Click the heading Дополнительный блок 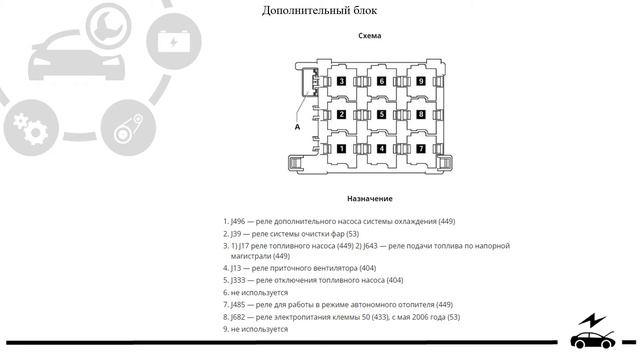319,11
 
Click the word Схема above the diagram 369,36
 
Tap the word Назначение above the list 369,199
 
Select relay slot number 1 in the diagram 342,149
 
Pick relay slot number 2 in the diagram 342,115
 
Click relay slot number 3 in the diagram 342,81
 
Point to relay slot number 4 381,149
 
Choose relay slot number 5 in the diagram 381,115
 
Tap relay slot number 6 381,81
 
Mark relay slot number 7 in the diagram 421,149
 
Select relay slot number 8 421,115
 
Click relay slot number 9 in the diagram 421,81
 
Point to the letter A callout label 297,127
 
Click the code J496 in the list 240,221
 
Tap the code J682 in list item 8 240,317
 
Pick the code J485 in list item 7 240,305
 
